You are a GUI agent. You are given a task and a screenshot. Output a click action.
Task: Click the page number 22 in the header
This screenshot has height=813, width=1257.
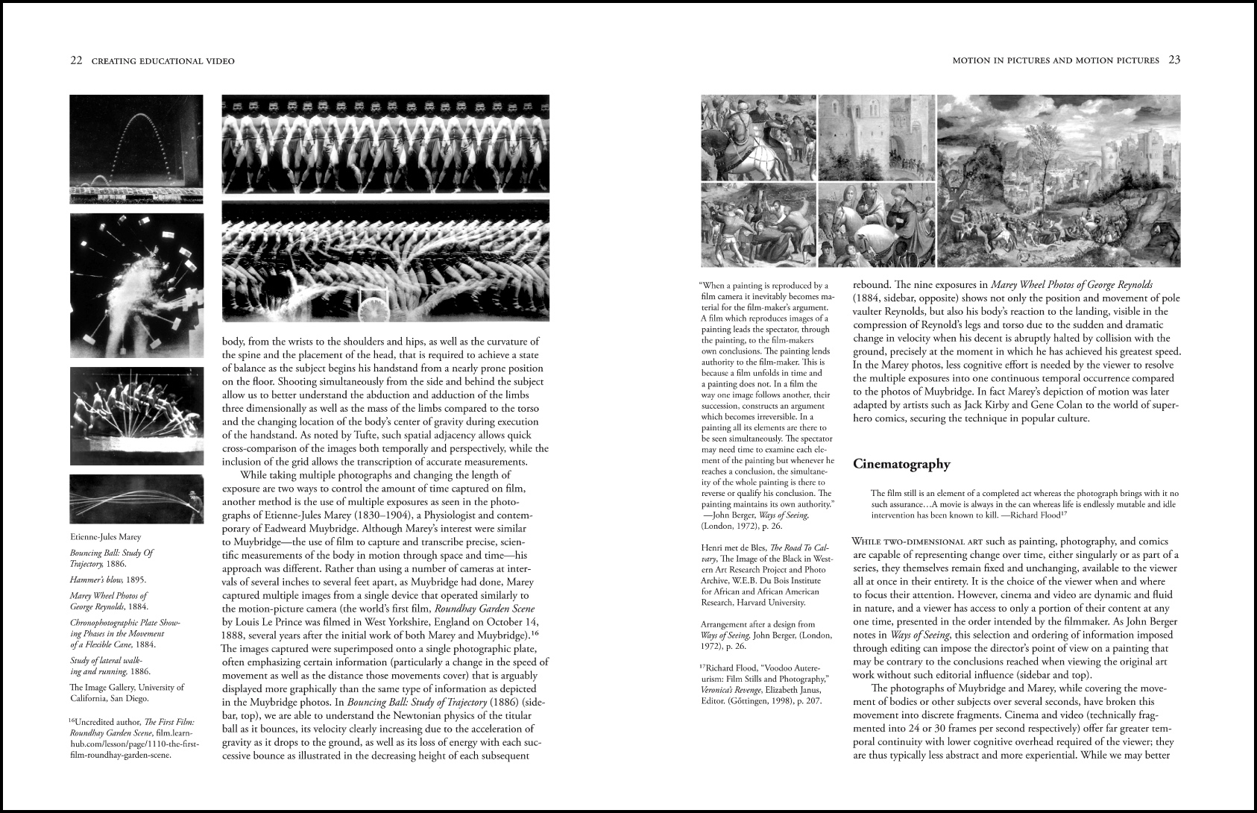76,61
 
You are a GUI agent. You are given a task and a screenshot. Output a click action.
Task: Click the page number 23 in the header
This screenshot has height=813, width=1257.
1173,60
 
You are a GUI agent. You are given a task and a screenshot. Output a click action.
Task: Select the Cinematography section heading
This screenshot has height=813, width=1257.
901,464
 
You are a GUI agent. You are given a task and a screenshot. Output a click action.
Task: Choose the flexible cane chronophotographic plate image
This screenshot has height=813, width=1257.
136,499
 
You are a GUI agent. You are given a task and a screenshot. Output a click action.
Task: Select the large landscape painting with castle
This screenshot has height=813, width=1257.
1058,181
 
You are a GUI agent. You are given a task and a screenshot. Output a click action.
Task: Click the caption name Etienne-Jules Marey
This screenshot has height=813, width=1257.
105,537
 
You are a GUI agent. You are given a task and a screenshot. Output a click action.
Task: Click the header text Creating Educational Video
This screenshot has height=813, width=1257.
163,61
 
